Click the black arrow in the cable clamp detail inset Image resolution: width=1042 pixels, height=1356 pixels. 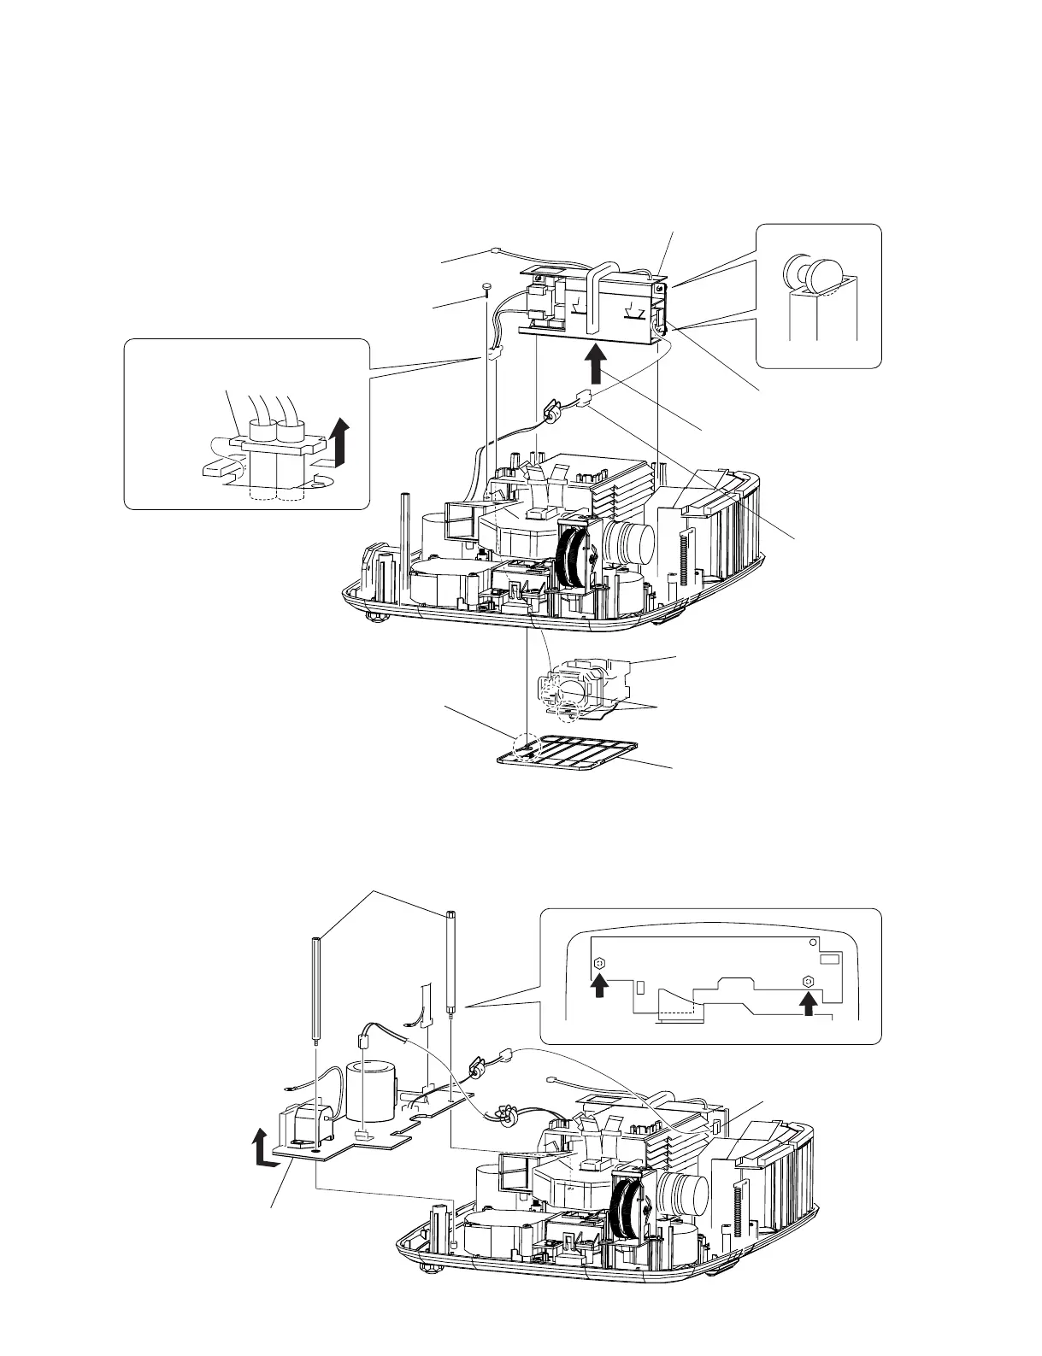pos(342,439)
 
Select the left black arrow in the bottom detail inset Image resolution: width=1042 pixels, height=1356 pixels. pos(600,987)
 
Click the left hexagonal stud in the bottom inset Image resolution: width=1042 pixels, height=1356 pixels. pos(599,963)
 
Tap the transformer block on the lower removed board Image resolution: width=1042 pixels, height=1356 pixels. pos(303,1125)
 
